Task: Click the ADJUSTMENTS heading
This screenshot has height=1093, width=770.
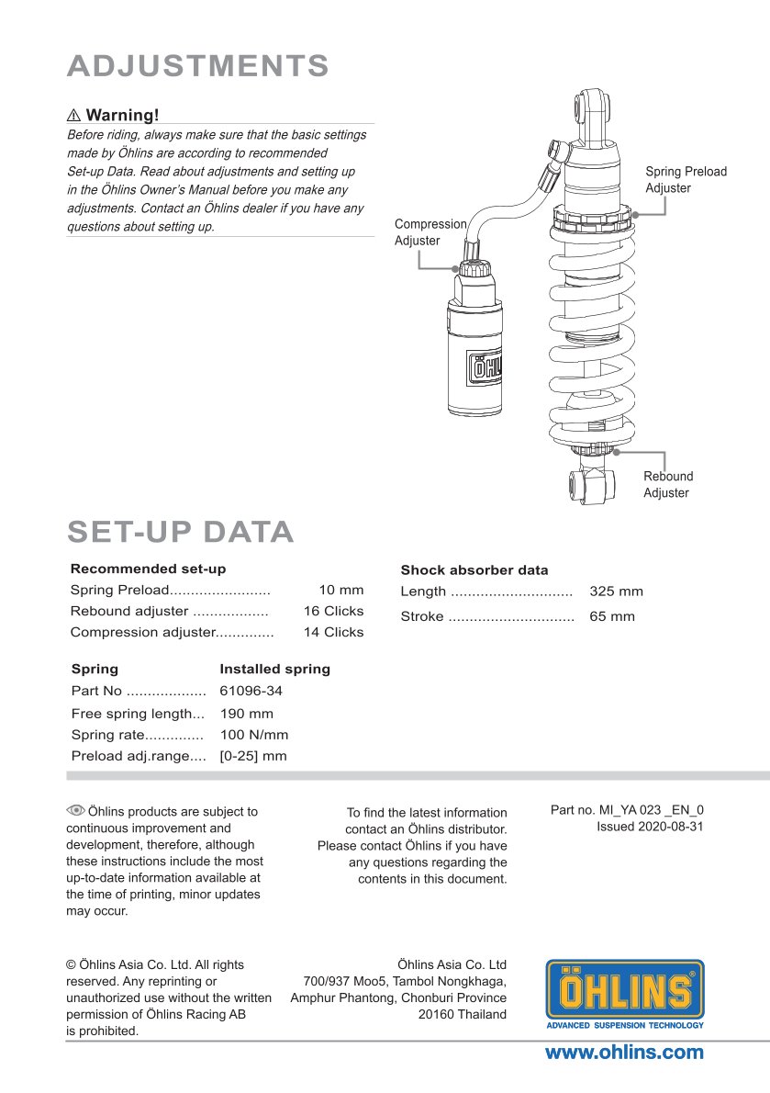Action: coord(198,66)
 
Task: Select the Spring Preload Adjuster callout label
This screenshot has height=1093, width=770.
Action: coord(686,180)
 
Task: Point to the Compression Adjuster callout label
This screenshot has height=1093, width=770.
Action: coord(430,232)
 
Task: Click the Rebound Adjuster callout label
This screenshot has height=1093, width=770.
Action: coord(667,485)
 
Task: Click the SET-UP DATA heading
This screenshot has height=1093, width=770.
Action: coord(181,532)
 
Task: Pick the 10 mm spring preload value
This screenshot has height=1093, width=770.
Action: coord(341,590)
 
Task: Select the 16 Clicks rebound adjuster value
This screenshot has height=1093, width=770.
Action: coord(333,611)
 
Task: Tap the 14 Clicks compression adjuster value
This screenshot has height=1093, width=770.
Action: coord(333,632)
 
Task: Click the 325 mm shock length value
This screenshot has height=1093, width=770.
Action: coord(616,592)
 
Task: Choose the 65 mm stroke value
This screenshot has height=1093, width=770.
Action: coord(611,616)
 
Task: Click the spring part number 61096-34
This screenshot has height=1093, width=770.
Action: coord(245,691)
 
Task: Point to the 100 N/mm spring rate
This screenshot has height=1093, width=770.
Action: coord(254,735)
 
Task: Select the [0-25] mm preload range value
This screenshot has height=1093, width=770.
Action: coord(253,756)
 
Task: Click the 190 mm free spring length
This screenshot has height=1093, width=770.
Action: coord(247,714)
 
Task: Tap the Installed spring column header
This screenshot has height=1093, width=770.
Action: coord(274,669)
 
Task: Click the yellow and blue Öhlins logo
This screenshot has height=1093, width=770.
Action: coord(625,994)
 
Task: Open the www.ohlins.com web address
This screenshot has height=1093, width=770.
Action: coord(624,1053)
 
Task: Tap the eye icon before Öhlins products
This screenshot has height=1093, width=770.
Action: coord(75,810)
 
